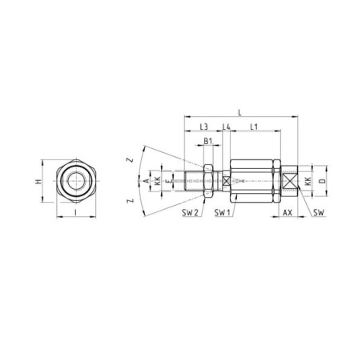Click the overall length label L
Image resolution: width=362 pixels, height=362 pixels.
[239, 112]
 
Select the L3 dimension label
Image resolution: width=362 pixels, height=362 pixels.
[204, 127]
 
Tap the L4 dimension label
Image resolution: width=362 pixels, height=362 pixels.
[227, 127]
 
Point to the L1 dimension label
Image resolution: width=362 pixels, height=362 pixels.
[254, 127]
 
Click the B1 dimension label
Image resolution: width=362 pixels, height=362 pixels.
[208, 141]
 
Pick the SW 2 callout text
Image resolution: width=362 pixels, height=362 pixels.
[190, 212]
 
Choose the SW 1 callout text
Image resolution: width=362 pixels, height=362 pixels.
[223, 212]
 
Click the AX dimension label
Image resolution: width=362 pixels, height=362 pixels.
[288, 212]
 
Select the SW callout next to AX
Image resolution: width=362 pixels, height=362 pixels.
[319, 212]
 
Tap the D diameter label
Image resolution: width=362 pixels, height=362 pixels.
[323, 181]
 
